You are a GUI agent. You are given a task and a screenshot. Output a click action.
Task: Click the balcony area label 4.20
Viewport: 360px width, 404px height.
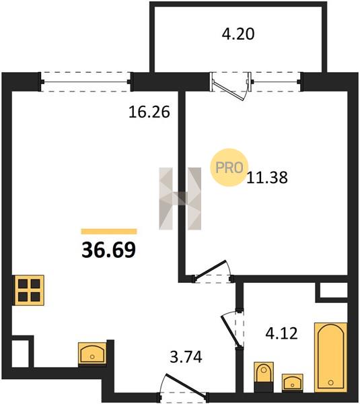(238, 34)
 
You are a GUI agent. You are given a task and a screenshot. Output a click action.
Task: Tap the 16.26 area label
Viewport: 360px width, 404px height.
(149, 112)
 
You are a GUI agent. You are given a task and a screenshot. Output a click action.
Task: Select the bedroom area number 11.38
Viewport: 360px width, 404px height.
(267, 178)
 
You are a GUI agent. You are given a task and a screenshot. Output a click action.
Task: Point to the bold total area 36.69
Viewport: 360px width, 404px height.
(108, 250)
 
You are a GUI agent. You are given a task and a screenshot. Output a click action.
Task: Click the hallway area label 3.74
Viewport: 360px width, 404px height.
(186, 357)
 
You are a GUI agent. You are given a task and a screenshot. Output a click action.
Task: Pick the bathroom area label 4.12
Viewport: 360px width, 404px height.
(281, 333)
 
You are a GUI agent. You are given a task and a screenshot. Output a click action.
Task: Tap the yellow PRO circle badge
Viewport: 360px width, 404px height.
(229, 167)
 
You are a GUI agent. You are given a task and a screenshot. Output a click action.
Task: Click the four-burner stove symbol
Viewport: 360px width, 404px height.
(29, 290)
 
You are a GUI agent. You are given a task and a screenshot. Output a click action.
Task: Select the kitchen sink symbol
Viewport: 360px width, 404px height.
(92, 353)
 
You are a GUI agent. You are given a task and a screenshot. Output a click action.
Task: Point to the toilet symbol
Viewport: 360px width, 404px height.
(264, 376)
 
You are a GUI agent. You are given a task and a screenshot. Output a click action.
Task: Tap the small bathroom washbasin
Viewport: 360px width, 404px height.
(292, 383)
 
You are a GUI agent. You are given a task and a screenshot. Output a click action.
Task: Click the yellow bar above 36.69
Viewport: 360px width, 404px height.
(109, 232)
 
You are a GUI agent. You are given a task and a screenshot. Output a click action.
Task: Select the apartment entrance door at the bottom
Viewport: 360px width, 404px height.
(183, 386)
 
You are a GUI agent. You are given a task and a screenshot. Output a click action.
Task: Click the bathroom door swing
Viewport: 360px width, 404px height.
(233, 329)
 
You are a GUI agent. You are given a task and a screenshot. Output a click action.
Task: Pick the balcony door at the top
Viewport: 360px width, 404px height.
(231, 86)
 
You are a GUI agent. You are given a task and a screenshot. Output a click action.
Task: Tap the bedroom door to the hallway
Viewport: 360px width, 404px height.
(213, 272)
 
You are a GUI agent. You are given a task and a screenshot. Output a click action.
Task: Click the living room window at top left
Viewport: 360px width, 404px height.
(85, 82)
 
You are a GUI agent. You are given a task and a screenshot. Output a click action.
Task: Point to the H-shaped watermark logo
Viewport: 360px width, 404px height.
(180, 199)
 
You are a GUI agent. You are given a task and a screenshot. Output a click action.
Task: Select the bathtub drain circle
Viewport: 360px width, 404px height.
(331, 382)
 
